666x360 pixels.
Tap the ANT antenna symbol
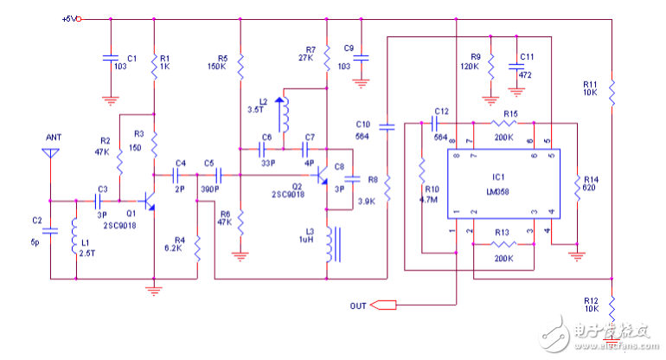click(51, 154)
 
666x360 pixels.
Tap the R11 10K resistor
click(611, 89)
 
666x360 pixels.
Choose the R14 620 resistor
click(576, 185)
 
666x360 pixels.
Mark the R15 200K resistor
click(505, 123)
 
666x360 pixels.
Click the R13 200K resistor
click(505, 245)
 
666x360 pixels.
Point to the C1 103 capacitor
click(110, 58)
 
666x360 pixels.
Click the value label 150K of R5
click(217, 66)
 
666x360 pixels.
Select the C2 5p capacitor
click(51, 231)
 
